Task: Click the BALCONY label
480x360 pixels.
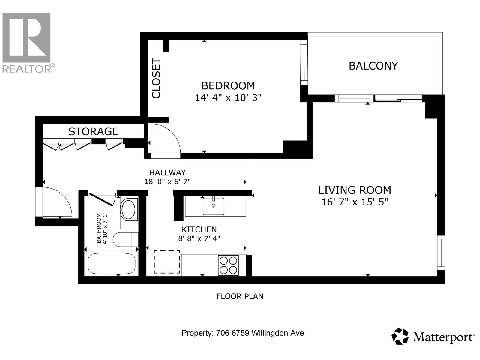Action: [373, 66]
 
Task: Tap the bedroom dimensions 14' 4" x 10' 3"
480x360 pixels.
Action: [228, 97]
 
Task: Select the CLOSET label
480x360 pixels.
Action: [156, 78]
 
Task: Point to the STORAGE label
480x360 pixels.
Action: [93, 131]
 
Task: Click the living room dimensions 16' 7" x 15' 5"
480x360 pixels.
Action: [355, 202]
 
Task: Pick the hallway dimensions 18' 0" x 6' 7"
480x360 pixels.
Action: [167, 181]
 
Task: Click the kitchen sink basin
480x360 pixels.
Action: [213, 206]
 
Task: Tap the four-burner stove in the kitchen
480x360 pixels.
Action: [228, 265]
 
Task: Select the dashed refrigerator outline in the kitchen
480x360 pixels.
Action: [167, 262]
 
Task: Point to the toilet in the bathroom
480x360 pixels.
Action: [125, 240]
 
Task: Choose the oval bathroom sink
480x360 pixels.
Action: [128, 210]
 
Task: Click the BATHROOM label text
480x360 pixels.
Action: [99, 228]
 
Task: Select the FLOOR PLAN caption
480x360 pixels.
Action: [240, 296]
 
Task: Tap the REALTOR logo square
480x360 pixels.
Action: [27, 37]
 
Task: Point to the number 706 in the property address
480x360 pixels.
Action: [223, 333]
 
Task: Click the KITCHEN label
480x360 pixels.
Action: [199, 229]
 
